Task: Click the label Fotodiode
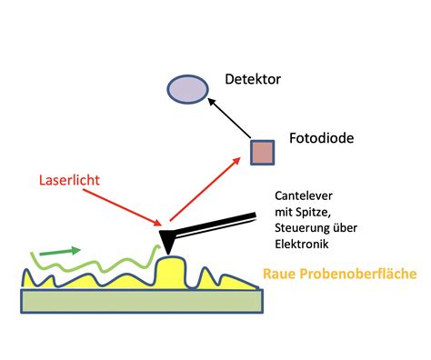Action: pyautogui.click(x=323, y=139)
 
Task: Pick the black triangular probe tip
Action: pyautogui.click(x=170, y=240)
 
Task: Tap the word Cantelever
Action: pyautogui.click(x=304, y=196)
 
